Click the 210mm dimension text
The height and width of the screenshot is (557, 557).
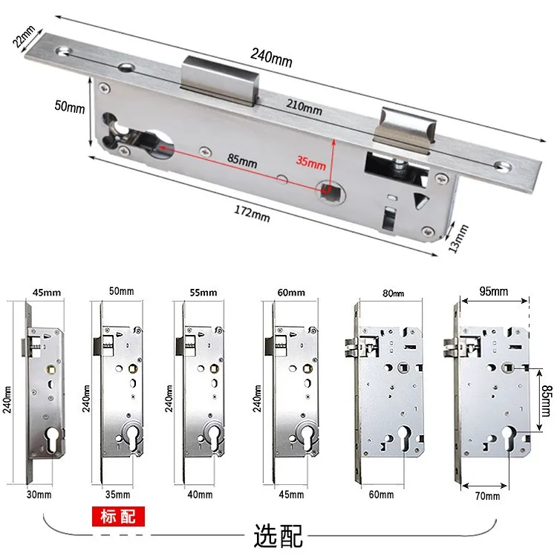[x=302, y=109]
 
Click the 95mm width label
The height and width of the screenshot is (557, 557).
[x=494, y=290]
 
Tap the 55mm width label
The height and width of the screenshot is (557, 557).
[x=201, y=293]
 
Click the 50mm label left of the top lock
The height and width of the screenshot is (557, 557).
[x=71, y=106]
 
